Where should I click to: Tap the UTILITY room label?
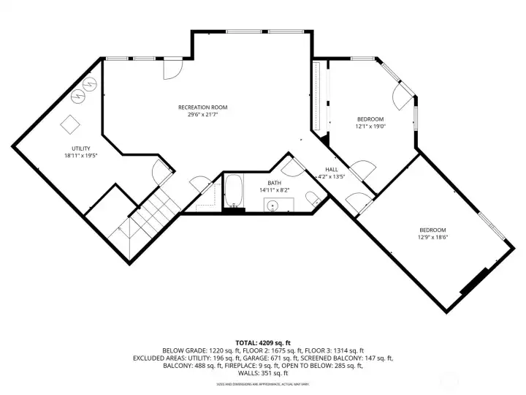coord(76,148)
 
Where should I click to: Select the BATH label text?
coord(274,183)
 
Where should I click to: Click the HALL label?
coord(331,169)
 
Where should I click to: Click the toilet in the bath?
coord(312,197)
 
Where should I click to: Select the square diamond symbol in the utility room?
coord(70,124)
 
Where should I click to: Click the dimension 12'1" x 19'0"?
coord(370,126)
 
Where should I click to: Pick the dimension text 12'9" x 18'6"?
coord(432,236)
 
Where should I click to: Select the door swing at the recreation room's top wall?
coord(172,69)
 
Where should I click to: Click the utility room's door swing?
coord(162,175)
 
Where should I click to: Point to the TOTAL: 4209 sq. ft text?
coord(262,342)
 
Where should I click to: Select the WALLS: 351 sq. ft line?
coord(263,374)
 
